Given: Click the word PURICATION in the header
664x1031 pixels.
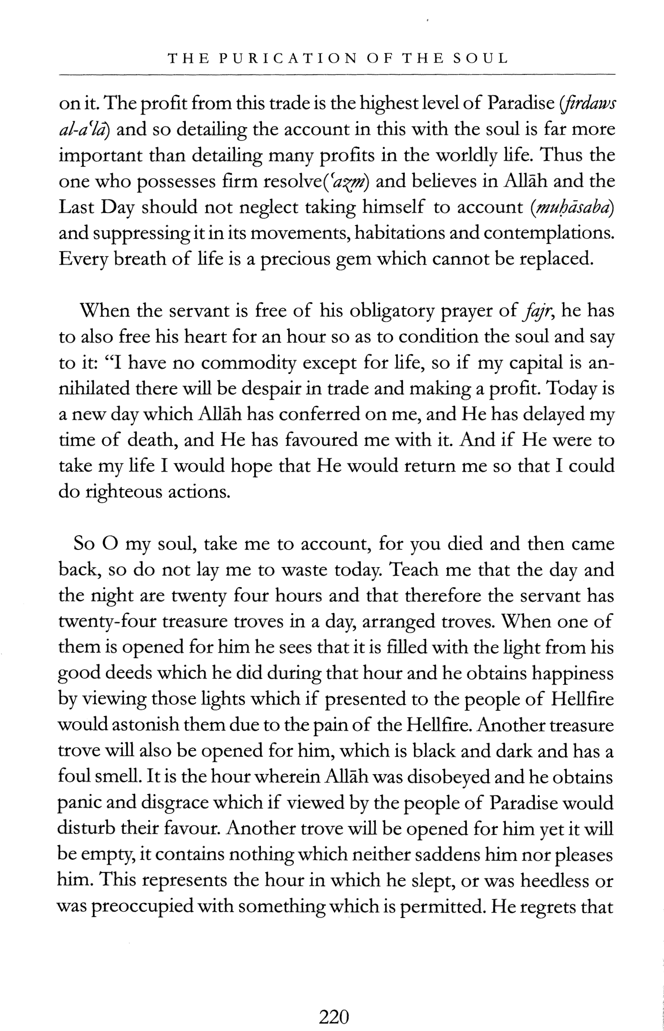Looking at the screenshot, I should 287,58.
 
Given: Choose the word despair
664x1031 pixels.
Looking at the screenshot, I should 269,389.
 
